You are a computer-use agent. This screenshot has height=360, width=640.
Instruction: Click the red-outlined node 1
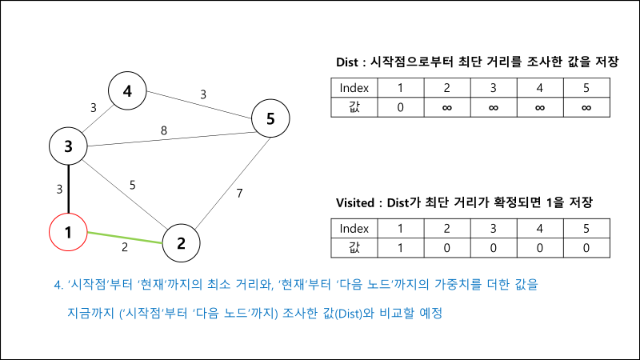coord(69,233)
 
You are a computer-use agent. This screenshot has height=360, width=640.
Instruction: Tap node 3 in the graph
coord(69,146)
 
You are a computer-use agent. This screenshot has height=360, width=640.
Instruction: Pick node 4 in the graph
coord(127,92)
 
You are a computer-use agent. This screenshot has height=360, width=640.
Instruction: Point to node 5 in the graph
coord(270,119)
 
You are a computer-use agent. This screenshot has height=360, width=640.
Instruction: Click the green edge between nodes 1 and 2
coord(125,238)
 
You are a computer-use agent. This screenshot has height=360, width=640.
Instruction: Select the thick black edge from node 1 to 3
coord(69,189)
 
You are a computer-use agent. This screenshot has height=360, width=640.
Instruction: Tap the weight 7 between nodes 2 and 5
coord(239,194)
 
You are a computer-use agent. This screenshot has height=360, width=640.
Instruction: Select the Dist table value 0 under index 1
coord(400,106)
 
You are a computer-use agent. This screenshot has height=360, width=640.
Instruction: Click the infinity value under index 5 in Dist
coord(586,106)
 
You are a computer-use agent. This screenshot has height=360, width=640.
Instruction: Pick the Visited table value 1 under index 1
coord(400,248)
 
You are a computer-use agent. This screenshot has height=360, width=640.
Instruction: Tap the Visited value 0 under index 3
coord(493,248)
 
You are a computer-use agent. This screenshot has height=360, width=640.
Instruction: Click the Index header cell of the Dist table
coord(354,87)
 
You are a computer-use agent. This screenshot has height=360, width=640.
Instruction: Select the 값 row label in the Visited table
coord(354,248)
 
